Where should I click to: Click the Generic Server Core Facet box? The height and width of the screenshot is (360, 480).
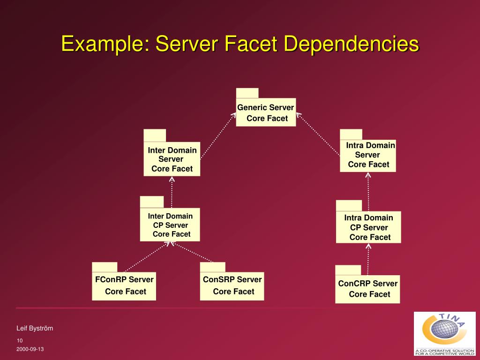[x=266, y=112]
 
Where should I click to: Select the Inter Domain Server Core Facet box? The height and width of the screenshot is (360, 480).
[x=172, y=159]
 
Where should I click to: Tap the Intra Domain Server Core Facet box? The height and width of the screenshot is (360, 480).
[x=368, y=156]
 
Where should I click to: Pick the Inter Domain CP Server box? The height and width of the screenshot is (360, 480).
[x=170, y=225]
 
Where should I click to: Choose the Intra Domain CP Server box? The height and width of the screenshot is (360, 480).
[x=368, y=227]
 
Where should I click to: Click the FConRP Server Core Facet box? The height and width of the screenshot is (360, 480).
[x=124, y=285]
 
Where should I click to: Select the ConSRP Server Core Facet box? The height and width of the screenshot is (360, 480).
[x=232, y=285]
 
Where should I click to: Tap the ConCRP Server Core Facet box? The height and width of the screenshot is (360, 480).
[x=367, y=289]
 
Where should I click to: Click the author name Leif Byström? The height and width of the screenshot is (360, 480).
[x=35, y=328]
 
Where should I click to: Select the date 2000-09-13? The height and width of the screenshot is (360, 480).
[x=30, y=350]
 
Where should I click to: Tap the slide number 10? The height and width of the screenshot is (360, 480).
[x=20, y=340]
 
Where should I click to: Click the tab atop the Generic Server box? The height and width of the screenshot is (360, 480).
[x=247, y=93]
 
